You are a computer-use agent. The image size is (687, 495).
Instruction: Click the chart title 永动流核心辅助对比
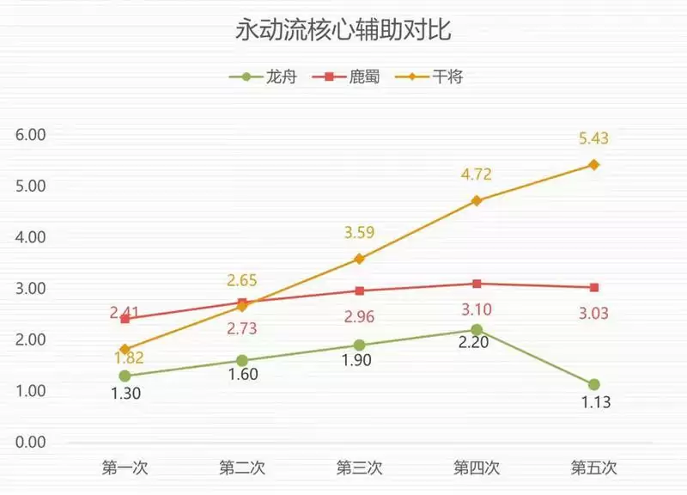click(x=343, y=33)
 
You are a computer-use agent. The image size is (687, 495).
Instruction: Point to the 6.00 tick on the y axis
click(x=30, y=135)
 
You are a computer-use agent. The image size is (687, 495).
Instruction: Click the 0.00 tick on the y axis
click(x=30, y=443)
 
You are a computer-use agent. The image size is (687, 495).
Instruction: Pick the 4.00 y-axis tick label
click(x=30, y=237)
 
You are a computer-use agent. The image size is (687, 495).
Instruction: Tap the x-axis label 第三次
click(x=359, y=468)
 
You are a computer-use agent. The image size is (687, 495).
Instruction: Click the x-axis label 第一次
click(x=125, y=468)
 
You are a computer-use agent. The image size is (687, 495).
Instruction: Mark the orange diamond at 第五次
click(x=593, y=164)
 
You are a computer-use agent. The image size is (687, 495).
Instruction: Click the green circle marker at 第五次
click(x=593, y=384)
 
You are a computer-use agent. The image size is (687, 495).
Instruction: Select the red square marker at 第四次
click(x=477, y=284)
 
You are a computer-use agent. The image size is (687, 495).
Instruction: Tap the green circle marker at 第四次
click(x=477, y=330)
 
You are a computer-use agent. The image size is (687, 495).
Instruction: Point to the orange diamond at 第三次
click(x=359, y=259)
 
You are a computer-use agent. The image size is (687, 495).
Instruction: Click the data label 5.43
click(x=593, y=138)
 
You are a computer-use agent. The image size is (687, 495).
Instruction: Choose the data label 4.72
click(x=477, y=174)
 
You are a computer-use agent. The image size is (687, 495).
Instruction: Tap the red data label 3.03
click(x=593, y=313)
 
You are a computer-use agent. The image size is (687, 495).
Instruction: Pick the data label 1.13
click(x=593, y=402)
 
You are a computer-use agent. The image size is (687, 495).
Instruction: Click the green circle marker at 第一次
click(x=125, y=376)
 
